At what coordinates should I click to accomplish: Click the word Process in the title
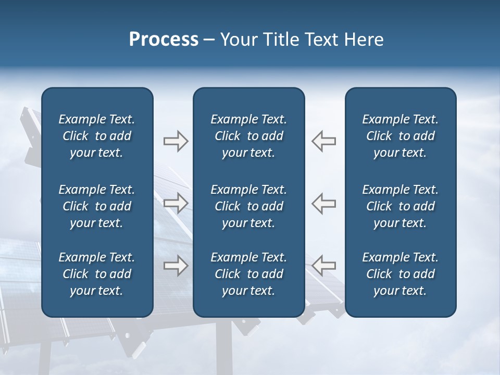[x=164, y=40]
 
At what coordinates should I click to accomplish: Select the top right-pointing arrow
[x=176, y=141]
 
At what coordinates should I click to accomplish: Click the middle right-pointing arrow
[x=176, y=203]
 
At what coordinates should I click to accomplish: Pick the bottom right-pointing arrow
[x=176, y=266]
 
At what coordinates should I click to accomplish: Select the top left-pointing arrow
[x=324, y=141]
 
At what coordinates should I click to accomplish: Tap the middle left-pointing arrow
[x=324, y=203]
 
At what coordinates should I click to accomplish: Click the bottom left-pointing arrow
[x=324, y=266]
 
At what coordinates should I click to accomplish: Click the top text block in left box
[x=97, y=136]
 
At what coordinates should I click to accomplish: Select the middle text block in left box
[x=97, y=206]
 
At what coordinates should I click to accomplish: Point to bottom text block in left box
[x=97, y=274]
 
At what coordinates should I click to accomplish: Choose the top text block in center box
[x=248, y=136]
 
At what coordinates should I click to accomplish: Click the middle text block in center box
[x=248, y=206]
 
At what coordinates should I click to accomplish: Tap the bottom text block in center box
[x=248, y=274]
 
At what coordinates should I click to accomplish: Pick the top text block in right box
[x=400, y=136]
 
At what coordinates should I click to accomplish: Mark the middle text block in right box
[x=400, y=206]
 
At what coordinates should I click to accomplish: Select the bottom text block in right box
[x=400, y=274]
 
